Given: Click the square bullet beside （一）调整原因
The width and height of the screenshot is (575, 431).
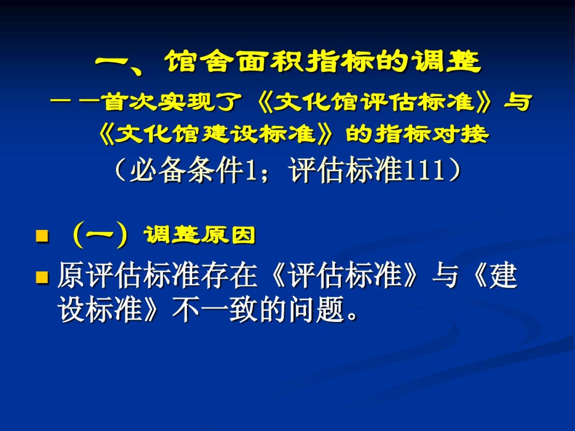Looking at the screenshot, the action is tap(42, 236).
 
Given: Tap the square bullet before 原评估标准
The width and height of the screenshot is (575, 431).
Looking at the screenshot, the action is tap(42, 277).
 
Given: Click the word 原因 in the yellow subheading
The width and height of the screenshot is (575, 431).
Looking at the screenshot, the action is tap(228, 235).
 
